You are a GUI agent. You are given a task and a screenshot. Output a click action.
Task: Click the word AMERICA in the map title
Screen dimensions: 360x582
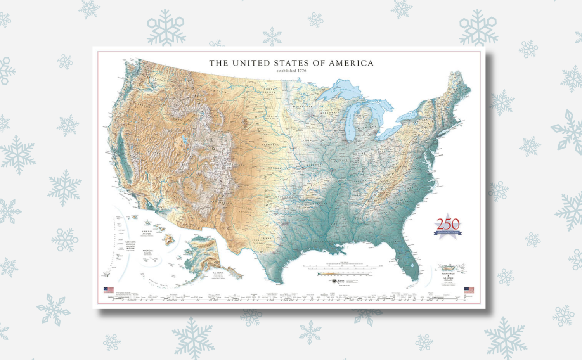(351, 63)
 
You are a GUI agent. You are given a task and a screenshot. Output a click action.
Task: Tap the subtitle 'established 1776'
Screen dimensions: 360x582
(291, 71)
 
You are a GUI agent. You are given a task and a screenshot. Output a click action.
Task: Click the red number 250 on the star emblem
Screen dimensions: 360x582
(448, 224)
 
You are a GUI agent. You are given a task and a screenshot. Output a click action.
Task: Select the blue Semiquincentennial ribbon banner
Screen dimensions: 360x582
(448, 232)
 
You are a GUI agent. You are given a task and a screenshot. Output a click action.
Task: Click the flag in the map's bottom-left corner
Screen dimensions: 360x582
(109, 290)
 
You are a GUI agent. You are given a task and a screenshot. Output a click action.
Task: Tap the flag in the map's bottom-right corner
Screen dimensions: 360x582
(469, 290)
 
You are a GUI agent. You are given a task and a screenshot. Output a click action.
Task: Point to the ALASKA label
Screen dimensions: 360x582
(218, 273)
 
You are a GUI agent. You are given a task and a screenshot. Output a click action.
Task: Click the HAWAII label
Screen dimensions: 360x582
(146, 232)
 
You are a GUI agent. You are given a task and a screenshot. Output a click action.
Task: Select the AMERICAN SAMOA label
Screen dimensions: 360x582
(147, 252)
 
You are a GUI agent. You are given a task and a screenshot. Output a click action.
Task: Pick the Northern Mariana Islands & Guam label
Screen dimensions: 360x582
(130, 245)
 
